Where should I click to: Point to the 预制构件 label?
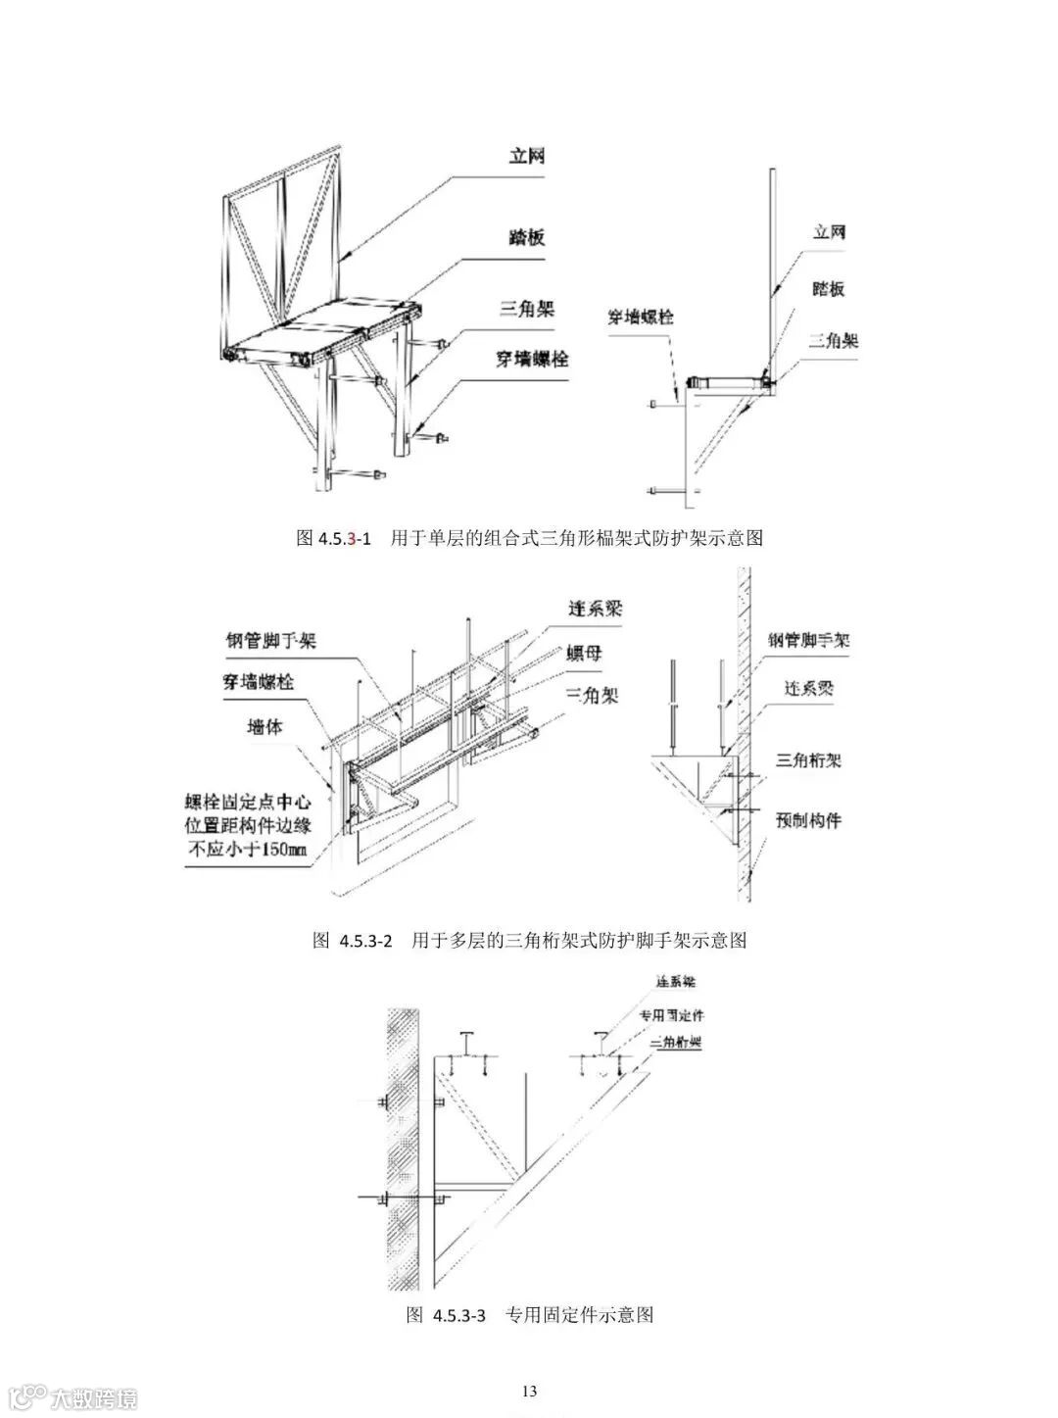click(x=809, y=818)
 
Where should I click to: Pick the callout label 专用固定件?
click(x=672, y=1015)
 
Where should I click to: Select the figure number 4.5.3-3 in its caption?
click(x=459, y=1314)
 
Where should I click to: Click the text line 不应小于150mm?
click(x=247, y=850)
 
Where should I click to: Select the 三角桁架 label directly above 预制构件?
click(x=809, y=759)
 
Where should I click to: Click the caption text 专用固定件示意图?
click(x=580, y=1314)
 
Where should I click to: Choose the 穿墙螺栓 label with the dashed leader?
click(x=641, y=318)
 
